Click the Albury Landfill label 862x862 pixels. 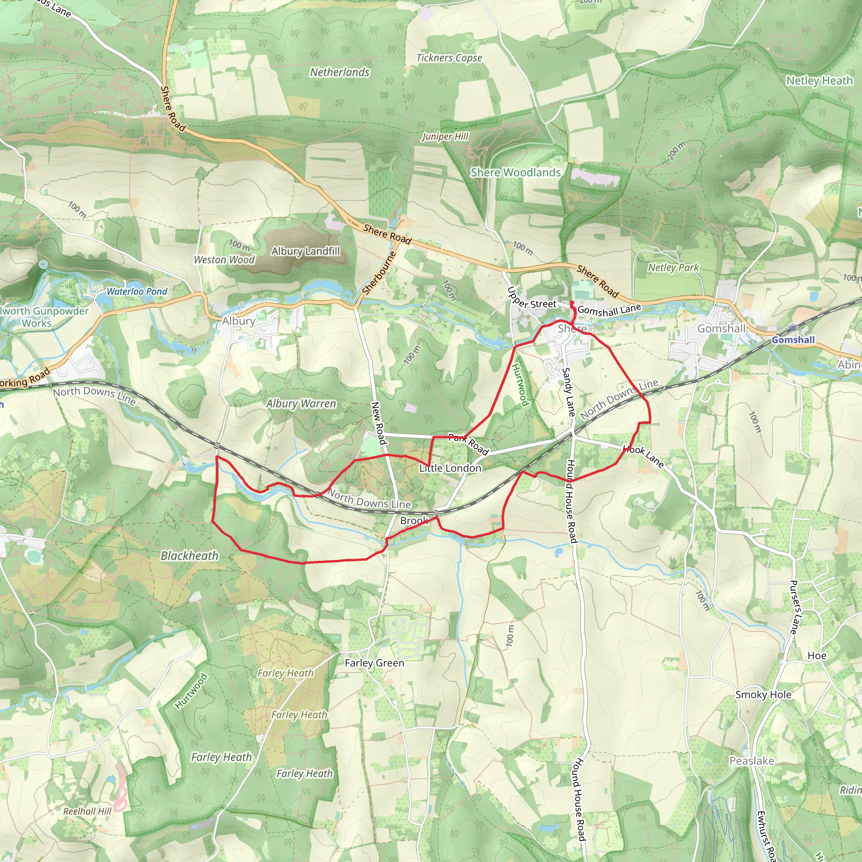point(306,252)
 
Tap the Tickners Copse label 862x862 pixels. point(449,58)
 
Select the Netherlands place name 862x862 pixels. point(340,72)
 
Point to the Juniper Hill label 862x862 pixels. point(445,136)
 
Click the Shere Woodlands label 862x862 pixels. point(515,173)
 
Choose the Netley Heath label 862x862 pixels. point(819,81)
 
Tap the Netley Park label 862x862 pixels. point(673,268)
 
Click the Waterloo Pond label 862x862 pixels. point(137,292)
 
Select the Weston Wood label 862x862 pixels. point(224,260)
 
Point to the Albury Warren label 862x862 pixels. point(301,404)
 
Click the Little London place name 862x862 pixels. point(450,468)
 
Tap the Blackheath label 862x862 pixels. point(190,556)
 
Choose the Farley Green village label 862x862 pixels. point(374,663)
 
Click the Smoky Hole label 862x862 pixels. point(764,694)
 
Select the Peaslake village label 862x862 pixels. point(752,761)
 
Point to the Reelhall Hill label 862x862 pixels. point(87,811)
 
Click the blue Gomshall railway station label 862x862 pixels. point(793,340)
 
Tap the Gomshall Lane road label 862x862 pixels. point(609,310)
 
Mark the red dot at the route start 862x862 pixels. point(572,303)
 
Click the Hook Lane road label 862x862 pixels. point(644,456)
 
